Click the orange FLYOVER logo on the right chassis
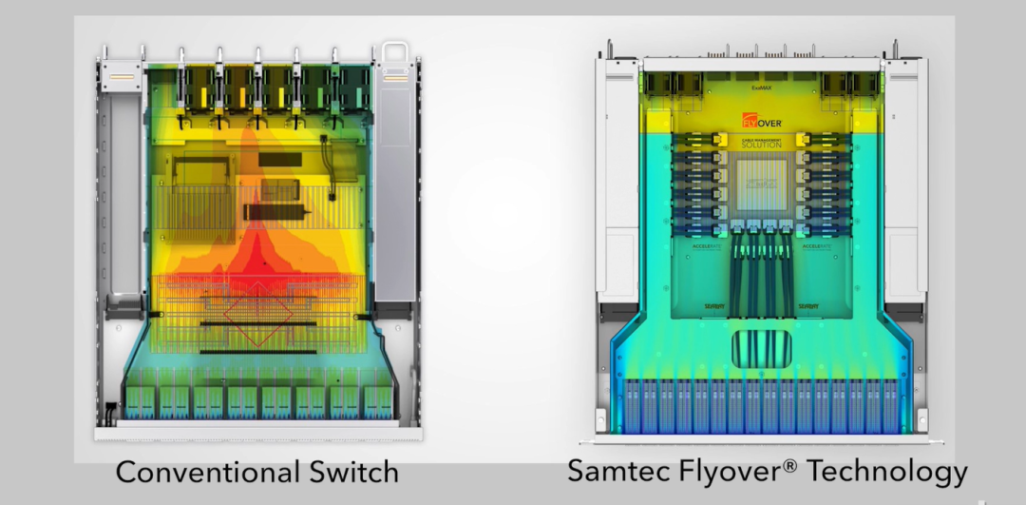tap(762, 121)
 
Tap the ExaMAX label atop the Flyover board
tap(760, 88)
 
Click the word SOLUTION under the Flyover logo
tap(762, 145)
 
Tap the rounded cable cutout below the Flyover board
tap(762, 348)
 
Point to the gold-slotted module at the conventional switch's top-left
tap(120, 70)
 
